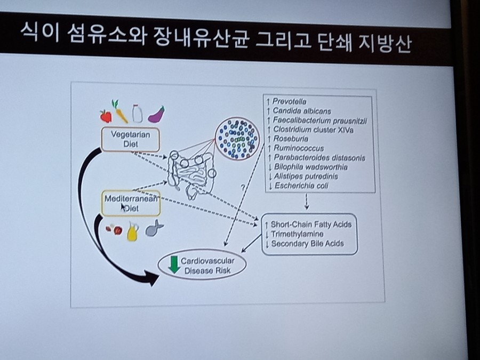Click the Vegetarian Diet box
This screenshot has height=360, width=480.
point(130,139)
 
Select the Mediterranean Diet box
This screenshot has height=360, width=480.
point(131,203)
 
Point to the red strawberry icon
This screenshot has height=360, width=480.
point(106,116)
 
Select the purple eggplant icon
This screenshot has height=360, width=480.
point(156,114)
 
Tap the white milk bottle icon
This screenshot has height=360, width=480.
point(137,113)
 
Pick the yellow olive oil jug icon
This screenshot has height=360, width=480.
point(132,232)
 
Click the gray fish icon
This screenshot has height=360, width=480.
point(154,229)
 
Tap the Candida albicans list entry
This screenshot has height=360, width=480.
point(301,111)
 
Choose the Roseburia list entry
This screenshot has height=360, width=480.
point(291,139)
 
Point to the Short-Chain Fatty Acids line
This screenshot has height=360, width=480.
point(311,225)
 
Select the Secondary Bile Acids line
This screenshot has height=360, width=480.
point(307,244)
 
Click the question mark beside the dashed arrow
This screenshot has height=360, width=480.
point(243,187)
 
